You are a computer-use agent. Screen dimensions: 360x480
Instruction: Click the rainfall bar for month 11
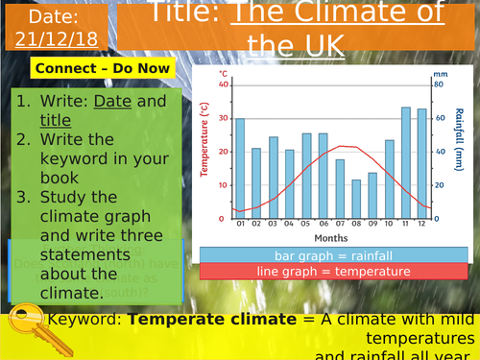click(406, 163)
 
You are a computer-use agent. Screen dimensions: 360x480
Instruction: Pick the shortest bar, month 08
click(356, 199)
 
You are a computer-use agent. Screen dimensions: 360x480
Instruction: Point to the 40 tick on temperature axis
click(225, 84)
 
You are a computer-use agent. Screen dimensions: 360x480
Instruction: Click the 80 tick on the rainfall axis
click(439, 84)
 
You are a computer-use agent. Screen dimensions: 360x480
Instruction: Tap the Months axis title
click(329, 237)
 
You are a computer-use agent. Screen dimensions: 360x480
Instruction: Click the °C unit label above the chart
click(223, 74)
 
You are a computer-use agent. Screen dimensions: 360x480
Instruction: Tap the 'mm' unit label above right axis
click(440, 74)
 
